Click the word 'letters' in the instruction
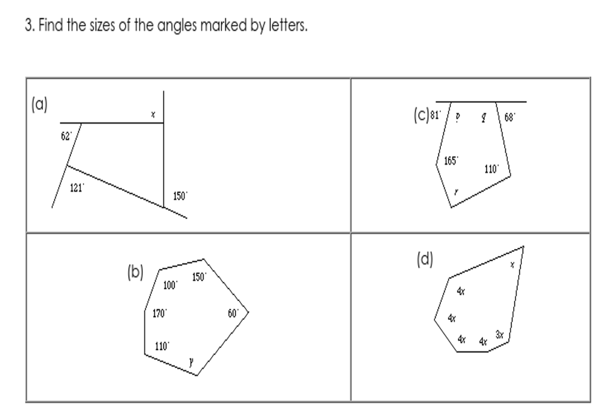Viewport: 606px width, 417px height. [x=291, y=27]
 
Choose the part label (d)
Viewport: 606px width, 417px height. [x=424, y=260]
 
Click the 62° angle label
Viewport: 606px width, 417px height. [x=67, y=135]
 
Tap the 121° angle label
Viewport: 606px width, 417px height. [x=78, y=188]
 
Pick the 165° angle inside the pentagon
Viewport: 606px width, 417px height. [x=451, y=160]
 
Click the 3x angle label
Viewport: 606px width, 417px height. [x=499, y=335]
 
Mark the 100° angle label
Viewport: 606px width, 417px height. [x=170, y=286]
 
